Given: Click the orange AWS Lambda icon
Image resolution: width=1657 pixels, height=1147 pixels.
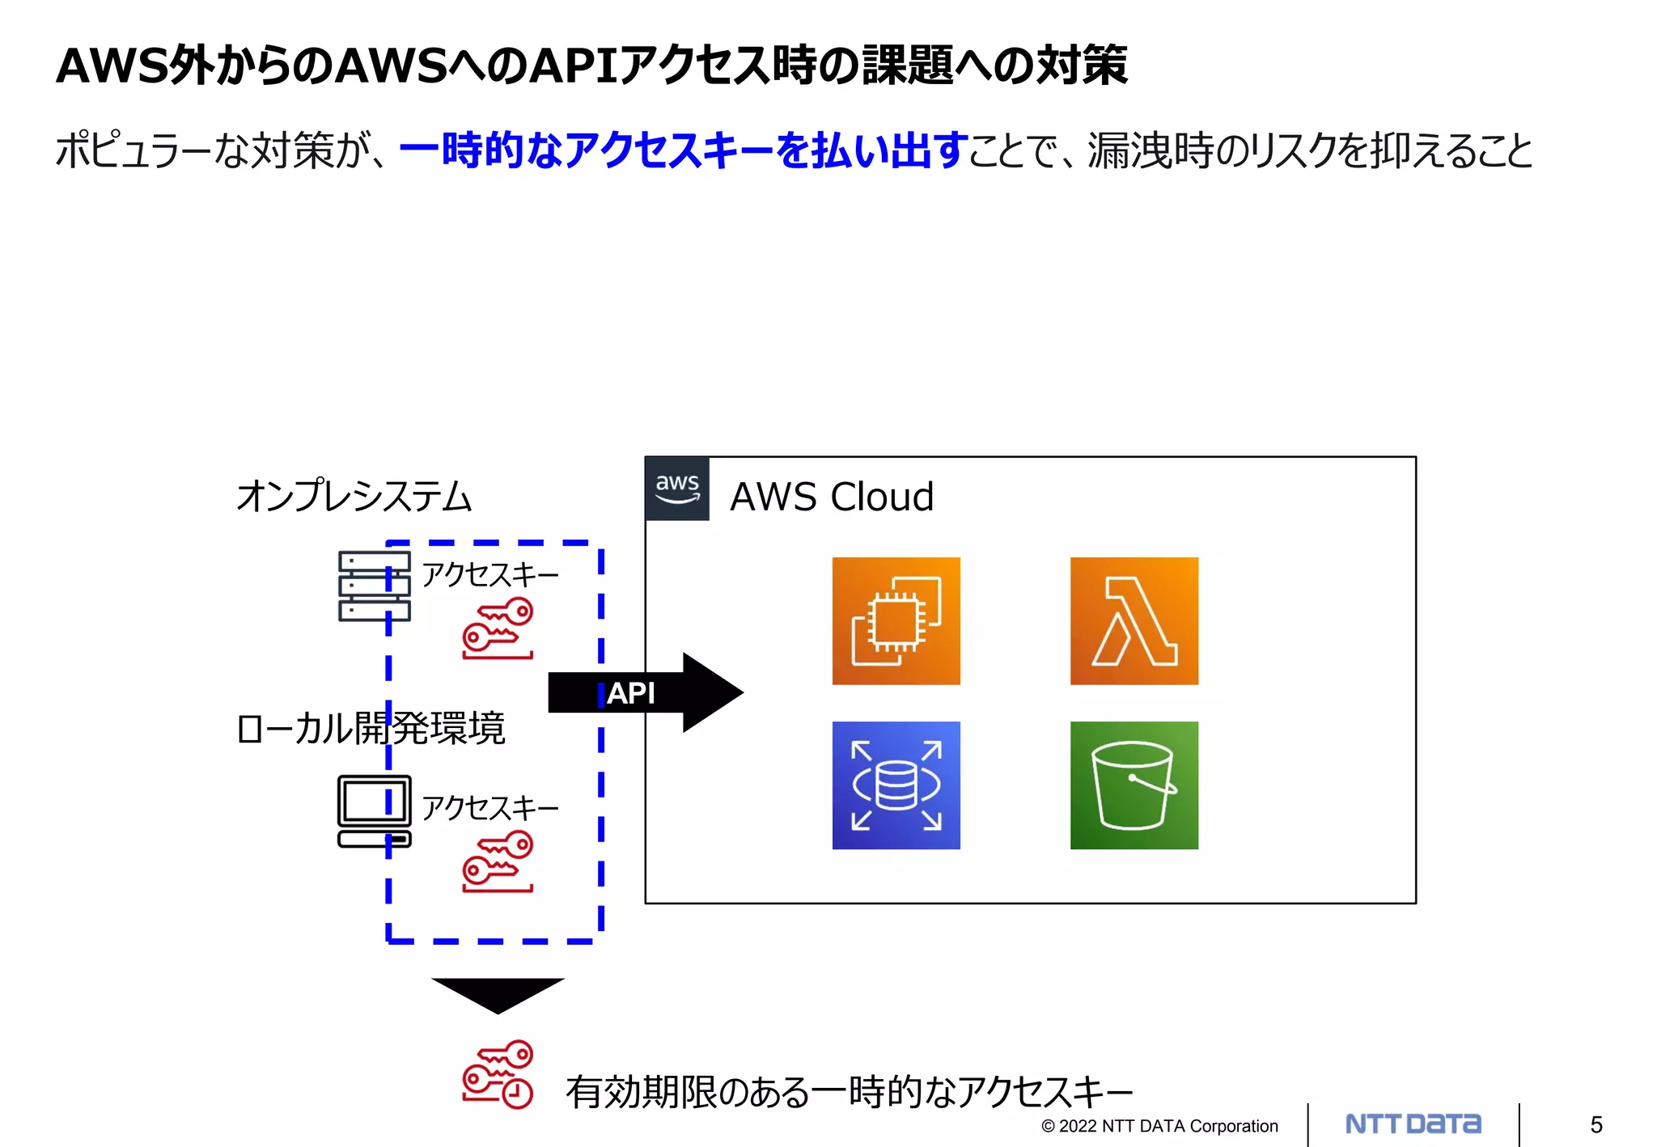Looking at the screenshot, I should [1134, 621].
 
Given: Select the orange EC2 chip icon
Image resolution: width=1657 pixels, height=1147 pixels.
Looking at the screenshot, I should [896, 621].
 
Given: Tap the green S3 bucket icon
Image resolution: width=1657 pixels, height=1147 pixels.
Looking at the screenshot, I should [1134, 785].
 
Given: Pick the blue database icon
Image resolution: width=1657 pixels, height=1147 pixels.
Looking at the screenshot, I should [896, 785].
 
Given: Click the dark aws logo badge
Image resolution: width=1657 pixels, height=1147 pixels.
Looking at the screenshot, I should [677, 489].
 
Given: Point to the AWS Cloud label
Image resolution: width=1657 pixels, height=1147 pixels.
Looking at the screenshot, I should [832, 497].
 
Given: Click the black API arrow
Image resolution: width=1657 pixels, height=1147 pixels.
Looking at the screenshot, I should [646, 692].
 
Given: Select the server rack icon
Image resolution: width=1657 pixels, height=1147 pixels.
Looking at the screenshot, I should [374, 586].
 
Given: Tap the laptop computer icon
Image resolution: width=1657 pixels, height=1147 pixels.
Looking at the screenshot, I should [374, 811].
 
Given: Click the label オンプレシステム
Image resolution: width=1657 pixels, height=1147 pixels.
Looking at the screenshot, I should [354, 496].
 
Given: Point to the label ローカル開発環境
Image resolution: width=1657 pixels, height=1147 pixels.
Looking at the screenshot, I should [371, 728].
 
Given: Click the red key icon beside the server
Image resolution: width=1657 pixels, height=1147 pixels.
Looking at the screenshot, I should [498, 628].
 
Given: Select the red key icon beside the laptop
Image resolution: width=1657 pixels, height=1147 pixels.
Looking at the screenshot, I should [498, 861].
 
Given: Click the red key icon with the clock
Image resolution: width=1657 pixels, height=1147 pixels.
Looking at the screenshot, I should [498, 1074].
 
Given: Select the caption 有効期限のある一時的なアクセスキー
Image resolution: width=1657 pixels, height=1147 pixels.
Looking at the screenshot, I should [849, 1092].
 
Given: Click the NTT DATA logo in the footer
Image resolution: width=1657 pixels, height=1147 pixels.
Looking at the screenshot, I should [1413, 1124].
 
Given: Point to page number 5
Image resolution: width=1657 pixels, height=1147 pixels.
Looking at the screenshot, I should [1596, 1125].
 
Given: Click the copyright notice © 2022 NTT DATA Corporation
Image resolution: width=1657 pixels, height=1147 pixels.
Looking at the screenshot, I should [1159, 1126].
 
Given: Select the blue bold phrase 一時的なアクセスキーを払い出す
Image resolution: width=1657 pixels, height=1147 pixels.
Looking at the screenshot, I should [684, 150].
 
